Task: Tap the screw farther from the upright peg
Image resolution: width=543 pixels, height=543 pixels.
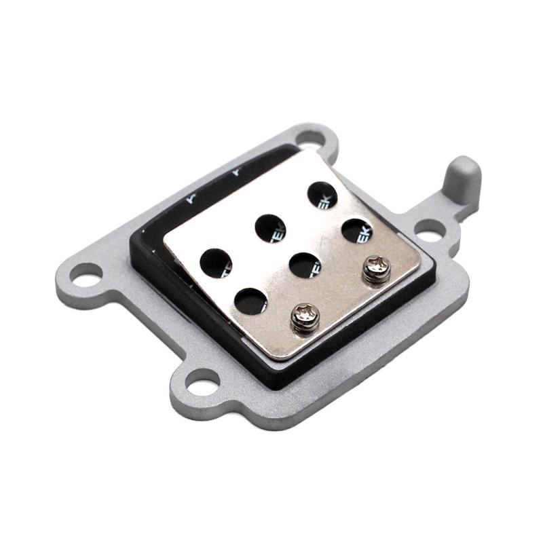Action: [x=305, y=316]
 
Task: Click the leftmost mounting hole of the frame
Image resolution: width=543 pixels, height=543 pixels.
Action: [x=85, y=275]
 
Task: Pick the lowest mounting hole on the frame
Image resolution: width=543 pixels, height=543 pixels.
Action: [x=202, y=383]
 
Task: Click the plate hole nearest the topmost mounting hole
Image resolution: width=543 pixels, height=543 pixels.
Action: [x=322, y=195]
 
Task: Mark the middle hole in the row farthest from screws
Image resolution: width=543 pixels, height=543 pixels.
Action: [x=270, y=228]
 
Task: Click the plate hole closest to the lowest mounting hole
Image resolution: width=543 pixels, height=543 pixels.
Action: [x=250, y=301]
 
